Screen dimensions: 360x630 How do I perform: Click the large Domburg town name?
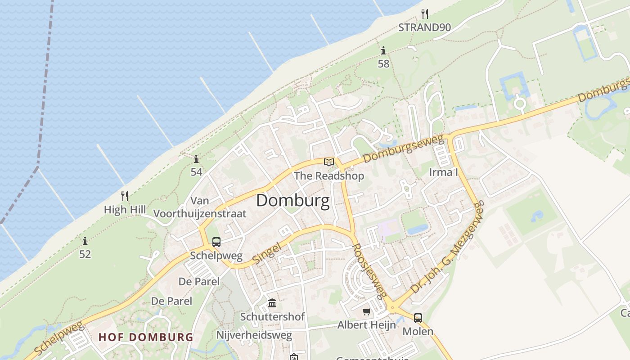pyautogui.click(x=292, y=201)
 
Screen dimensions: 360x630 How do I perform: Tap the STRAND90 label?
pyautogui.click(x=424, y=27)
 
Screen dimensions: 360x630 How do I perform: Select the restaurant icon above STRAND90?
pyautogui.click(x=424, y=13)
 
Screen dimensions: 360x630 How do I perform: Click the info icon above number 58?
pyautogui.click(x=383, y=50)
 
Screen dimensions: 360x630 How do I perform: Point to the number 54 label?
pyautogui.click(x=196, y=172)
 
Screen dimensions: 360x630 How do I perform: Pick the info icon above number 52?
pyautogui.click(x=85, y=241)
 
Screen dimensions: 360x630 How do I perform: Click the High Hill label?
pyautogui.click(x=125, y=210)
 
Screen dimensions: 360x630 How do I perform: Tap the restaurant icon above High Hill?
pyautogui.click(x=125, y=196)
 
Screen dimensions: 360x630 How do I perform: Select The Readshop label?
pyautogui.click(x=329, y=176)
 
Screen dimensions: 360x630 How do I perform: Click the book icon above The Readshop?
pyautogui.click(x=329, y=162)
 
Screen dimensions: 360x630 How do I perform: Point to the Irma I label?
pyautogui.click(x=443, y=172)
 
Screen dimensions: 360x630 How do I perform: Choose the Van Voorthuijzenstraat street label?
pyautogui.click(x=200, y=207)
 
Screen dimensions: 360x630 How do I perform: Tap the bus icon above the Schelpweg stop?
pyautogui.click(x=216, y=242)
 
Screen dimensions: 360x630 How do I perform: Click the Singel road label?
pyautogui.click(x=267, y=253)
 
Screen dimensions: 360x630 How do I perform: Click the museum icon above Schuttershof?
pyautogui.click(x=272, y=303)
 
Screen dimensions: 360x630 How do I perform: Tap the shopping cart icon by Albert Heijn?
pyautogui.click(x=367, y=311)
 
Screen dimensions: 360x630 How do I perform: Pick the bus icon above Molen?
pyautogui.click(x=418, y=318)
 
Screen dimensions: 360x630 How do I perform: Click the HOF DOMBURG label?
pyautogui.click(x=146, y=337)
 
